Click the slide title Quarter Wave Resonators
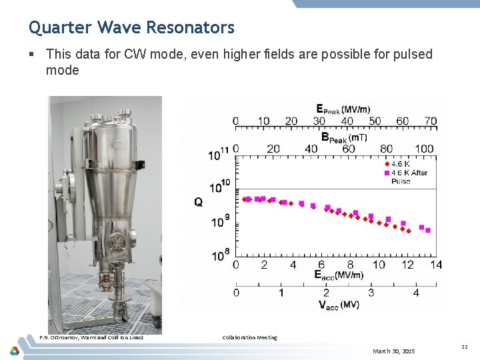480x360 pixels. click(131, 27)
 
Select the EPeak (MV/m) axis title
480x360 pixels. click(343, 109)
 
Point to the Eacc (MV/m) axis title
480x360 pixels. click(339, 275)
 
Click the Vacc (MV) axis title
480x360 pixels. click(339, 305)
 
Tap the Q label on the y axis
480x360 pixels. click(199, 201)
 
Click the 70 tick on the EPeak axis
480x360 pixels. click(430, 121)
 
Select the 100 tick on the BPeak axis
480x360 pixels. click(424, 149)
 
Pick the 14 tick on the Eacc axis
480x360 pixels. click(435, 265)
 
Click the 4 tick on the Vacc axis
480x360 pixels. click(416, 292)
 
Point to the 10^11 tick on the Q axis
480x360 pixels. click(219, 155)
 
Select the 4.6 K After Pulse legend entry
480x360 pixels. click(408, 177)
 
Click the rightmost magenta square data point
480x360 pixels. click(428, 231)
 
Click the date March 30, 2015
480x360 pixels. click(393, 351)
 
